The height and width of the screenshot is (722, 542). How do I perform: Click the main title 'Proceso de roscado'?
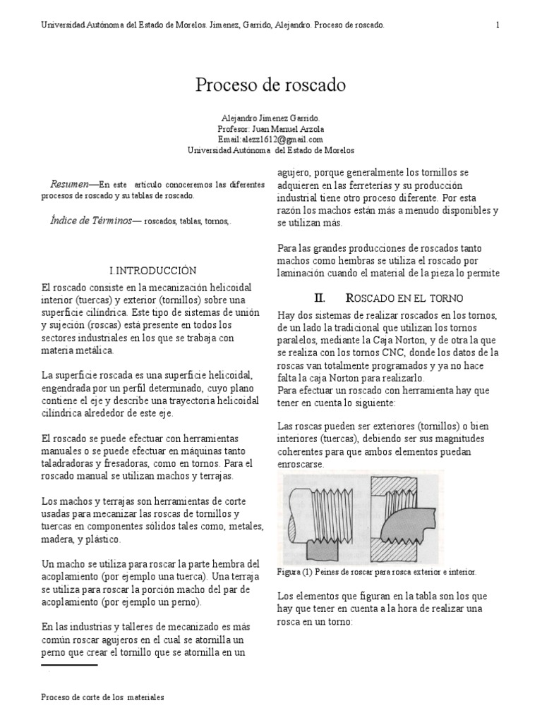tap(271, 86)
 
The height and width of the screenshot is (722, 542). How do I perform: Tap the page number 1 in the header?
tap(498, 25)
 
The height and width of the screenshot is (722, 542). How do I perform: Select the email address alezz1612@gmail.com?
tap(271, 140)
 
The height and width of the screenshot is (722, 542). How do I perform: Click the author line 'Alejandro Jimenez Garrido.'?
tap(271, 118)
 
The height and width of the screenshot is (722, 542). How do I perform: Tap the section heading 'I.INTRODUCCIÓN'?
tap(152, 270)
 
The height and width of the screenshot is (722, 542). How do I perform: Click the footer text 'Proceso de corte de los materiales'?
tap(102, 697)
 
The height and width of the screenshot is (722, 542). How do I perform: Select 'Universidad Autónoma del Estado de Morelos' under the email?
tap(271, 150)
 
